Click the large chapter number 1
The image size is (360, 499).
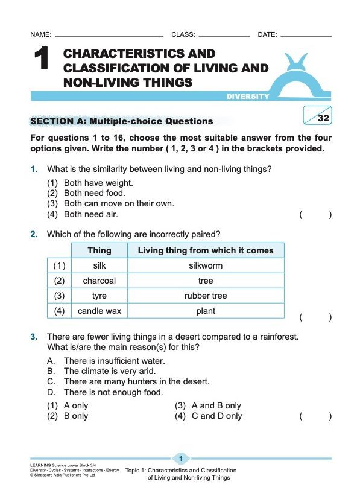40,61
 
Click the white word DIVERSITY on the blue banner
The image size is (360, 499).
248,97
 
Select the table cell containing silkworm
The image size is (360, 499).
205,265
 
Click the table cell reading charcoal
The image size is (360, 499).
99,281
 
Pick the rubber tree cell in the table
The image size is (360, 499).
205,296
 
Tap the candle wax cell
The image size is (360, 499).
99,311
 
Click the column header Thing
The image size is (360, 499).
99,250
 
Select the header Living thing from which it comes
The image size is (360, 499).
205,250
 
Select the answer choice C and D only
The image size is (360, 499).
216,416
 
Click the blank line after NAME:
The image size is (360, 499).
109,35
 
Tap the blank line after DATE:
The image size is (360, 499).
305,35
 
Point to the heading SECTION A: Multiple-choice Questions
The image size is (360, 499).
121,121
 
